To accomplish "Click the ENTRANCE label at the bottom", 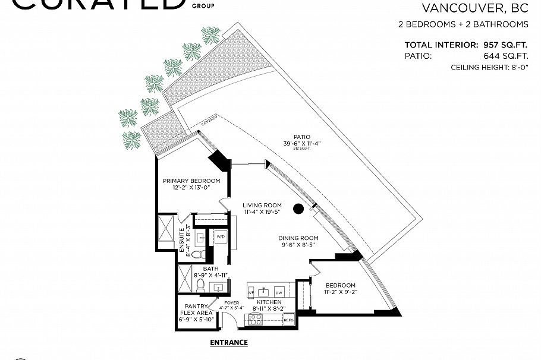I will point(229,343).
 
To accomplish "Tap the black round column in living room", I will point(298,208).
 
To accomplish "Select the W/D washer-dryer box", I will point(221,237).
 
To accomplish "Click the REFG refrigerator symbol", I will point(289,320).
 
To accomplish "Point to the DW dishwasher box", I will point(279,292).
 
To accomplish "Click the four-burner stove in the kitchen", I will point(256,319).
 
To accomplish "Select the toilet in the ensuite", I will point(202,254).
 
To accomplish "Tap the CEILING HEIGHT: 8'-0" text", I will point(490,68).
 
